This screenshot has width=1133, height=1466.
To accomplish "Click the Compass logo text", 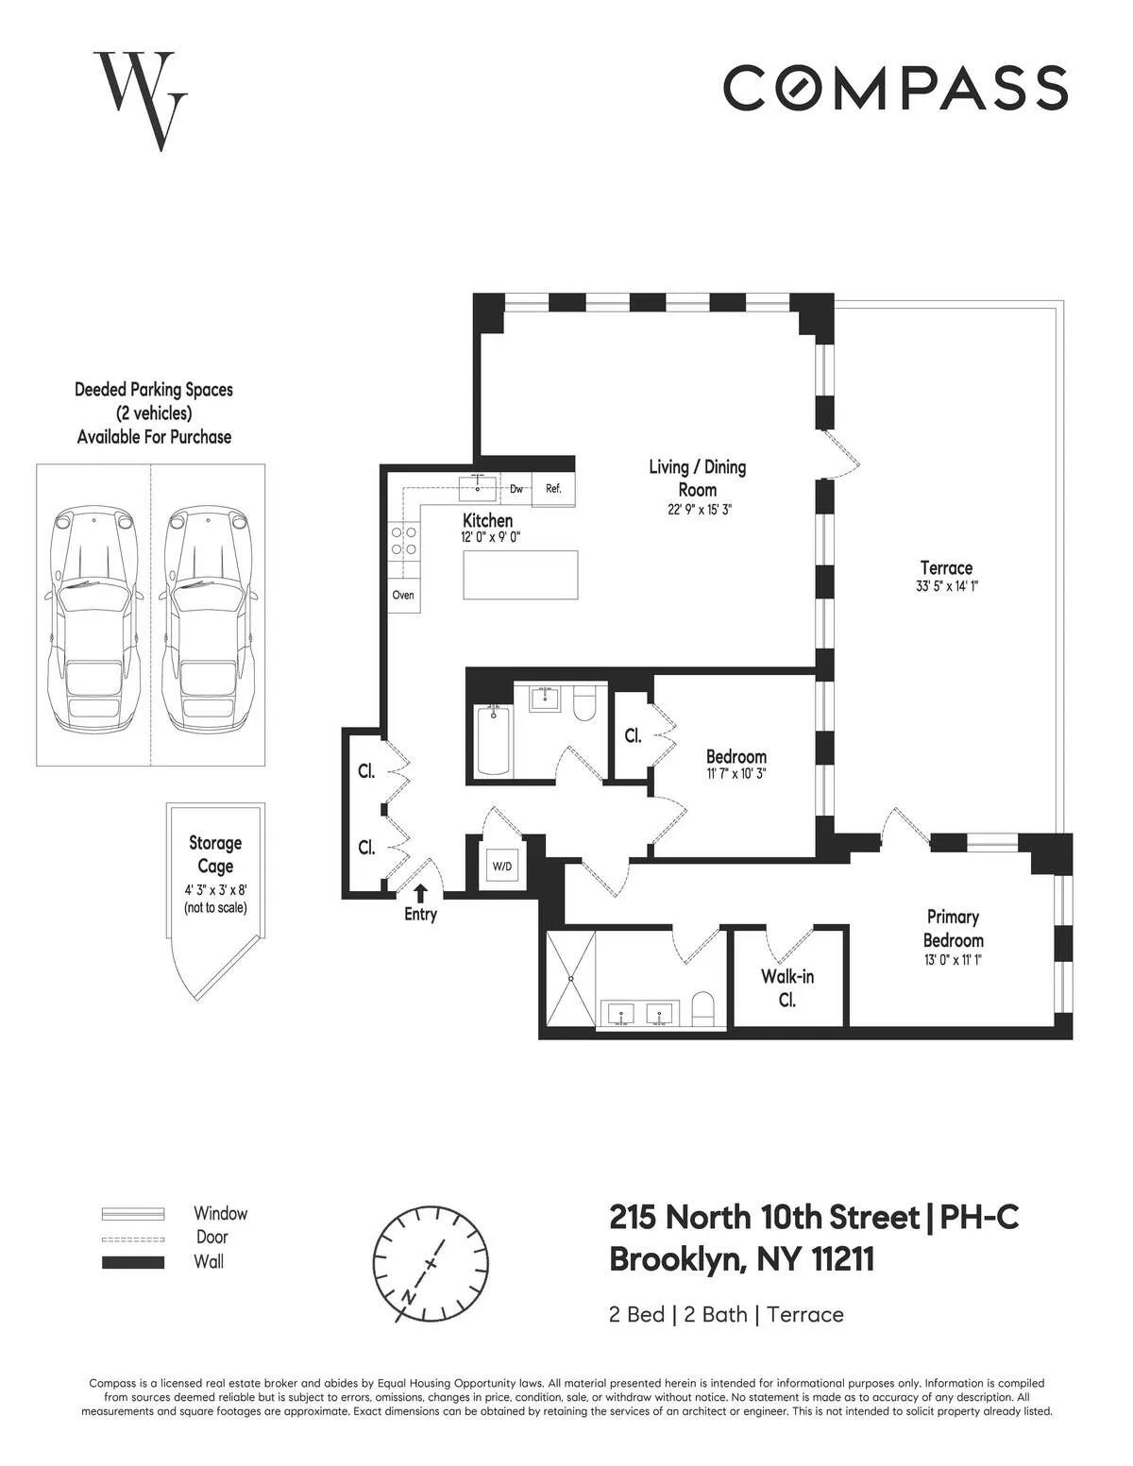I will pos(895,88).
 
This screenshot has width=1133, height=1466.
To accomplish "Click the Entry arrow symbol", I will pos(420,891).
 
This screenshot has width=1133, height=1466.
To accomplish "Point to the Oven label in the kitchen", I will pos(403,596).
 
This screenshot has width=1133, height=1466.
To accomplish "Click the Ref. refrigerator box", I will pos(553,489).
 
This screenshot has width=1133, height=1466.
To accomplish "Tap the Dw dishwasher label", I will pos(516,489).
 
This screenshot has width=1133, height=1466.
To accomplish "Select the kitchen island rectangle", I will pos(520,575).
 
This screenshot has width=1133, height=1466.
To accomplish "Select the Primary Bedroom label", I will pos(953,928).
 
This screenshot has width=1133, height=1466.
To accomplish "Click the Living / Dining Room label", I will pos(697,478).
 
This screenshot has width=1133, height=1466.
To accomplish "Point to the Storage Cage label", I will pos(215,854).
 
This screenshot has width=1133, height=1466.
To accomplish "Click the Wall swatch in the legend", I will pos(133,1262).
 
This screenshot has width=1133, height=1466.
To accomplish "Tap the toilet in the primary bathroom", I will pos(704,1008).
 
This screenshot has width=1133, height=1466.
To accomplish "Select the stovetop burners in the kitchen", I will pos(405,540).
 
